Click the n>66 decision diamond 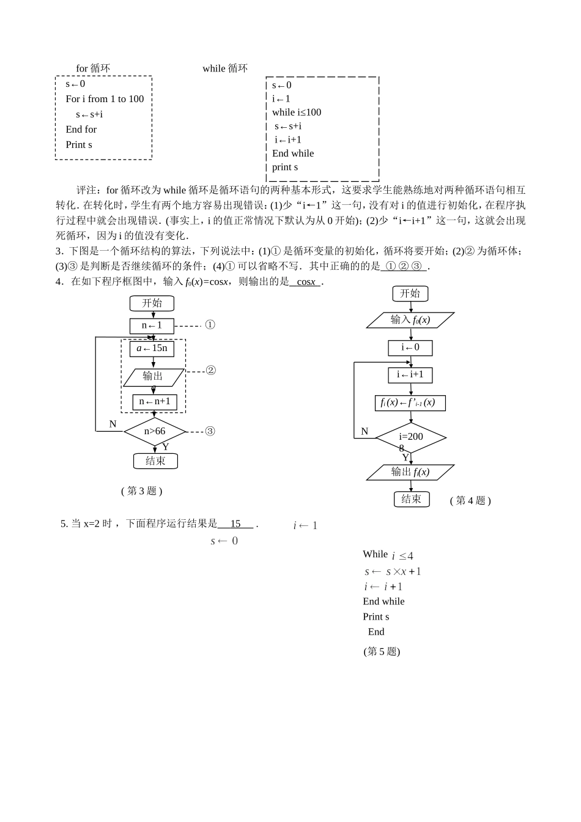pyautogui.click(x=155, y=431)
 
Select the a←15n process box pyautogui.click(x=152, y=349)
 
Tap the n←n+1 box pyautogui.click(x=155, y=402)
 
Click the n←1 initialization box pyautogui.click(x=152, y=325)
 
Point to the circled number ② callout pyautogui.click(x=210, y=371)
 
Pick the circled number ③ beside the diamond pyautogui.click(x=210, y=431)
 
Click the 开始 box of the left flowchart pyautogui.click(x=152, y=303)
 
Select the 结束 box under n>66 pyautogui.click(x=155, y=461)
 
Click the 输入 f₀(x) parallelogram pyautogui.click(x=410, y=320)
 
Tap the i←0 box pyautogui.click(x=410, y=347)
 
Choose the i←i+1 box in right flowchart pyautogui.click(x=410, y=374)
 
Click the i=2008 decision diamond pyautogui.click(x=411, y=438)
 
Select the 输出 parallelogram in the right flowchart pyautogui.click(x=410, y=472)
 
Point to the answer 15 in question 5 pyautogui.click(x=235, y=524)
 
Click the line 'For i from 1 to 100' pyautogui.click(x=105, y=99)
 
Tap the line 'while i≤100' pyautogui.click(x=297, y=113)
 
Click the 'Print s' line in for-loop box pyautogui.click(x=79, y=145)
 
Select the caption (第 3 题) pyautogui.click(x=142, y=491)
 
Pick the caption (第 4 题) pyautogui.click(x=470, y=500)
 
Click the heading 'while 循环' pyautogui.click(x=225, y=68)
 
